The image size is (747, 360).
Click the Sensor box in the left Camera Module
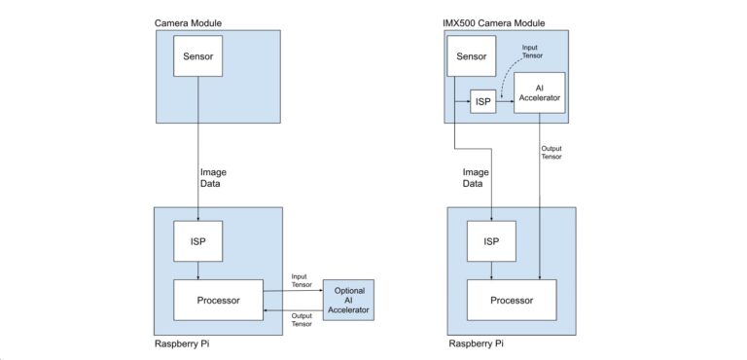(x=197, y=57)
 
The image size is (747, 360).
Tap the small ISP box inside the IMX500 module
(x=483, y=102)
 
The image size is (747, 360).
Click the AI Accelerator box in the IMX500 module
(x=539, y=92)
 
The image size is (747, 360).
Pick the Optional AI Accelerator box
(x=349, y=300)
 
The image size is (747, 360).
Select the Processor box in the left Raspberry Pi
(x=218, y=300)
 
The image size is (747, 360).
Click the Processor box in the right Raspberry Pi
(x=511, y=301)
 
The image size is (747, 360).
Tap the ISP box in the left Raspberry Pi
(x=197, y=241)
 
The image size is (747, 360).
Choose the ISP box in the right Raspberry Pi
(x=491, y=241)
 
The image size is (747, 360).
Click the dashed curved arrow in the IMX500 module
(x=506, y=78)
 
